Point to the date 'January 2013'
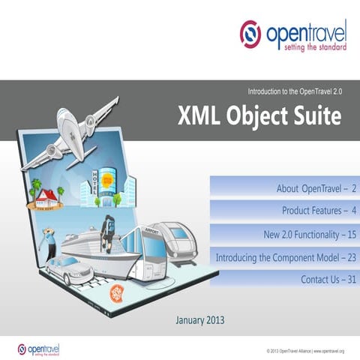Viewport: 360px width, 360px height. coord(199,320)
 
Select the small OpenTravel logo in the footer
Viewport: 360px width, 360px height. coord(38,349)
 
